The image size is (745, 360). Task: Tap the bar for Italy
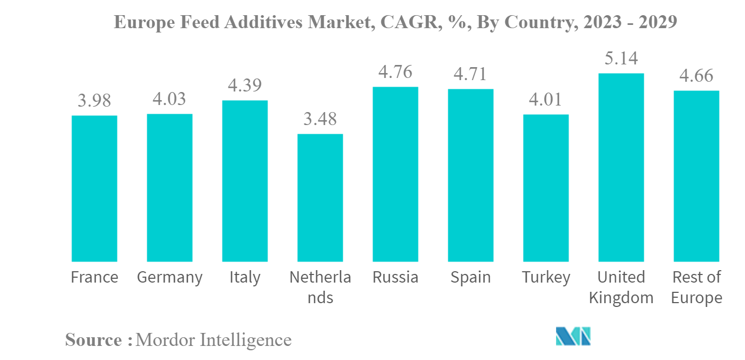click(245, 181)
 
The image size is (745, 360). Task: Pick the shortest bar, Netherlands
click(320, 198)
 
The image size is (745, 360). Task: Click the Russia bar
click(395, 174)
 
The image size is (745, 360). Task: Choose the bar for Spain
click(470, 175)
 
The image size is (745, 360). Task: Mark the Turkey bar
click(546, 188)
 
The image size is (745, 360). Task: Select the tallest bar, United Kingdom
click(621, 167)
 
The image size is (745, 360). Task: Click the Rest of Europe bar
click(696, 176)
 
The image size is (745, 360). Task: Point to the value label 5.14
click(621, 58)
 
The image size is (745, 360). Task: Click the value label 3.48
click(320, 119)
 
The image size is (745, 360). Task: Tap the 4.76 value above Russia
click(395, 71)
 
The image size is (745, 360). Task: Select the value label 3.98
click(94, 100)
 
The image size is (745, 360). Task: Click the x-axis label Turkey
click(546, 278)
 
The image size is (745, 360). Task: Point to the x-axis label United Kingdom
click(621, 287)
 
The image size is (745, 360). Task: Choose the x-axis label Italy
click(245, 278)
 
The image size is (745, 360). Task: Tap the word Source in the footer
click(94, 340)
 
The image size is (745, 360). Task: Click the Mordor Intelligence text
click(214, 340)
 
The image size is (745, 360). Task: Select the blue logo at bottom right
click(573, 336)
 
